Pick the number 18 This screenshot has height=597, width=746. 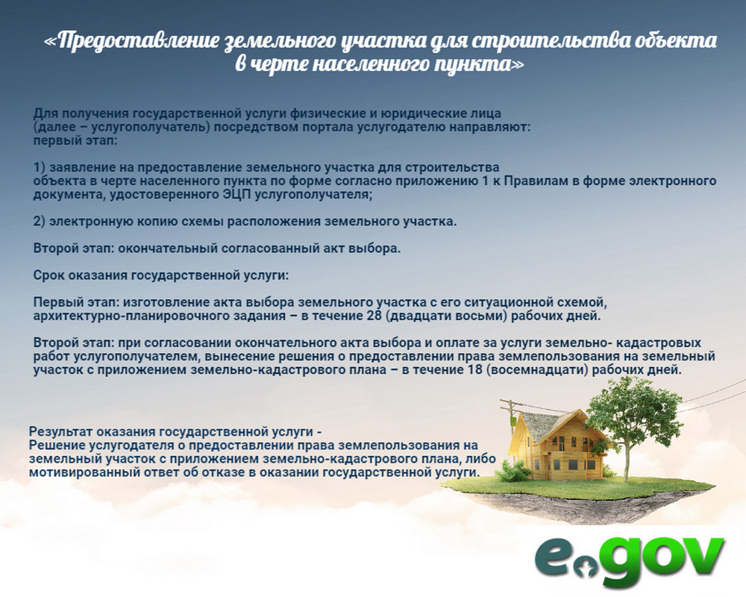[475, 370]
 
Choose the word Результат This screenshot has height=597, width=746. [60, 432]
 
